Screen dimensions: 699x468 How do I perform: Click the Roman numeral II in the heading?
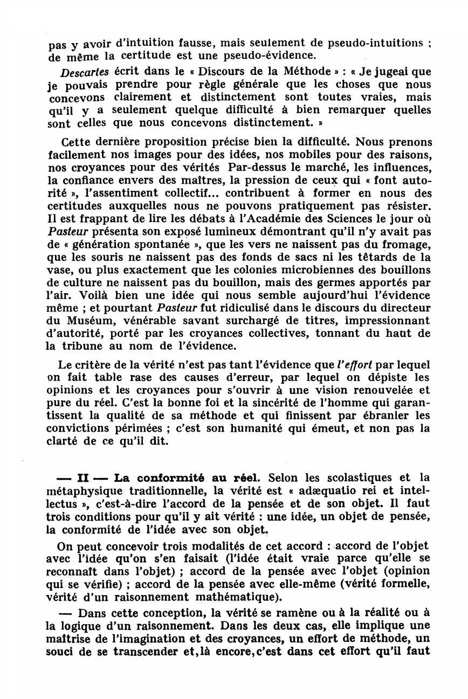[84, 478]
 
